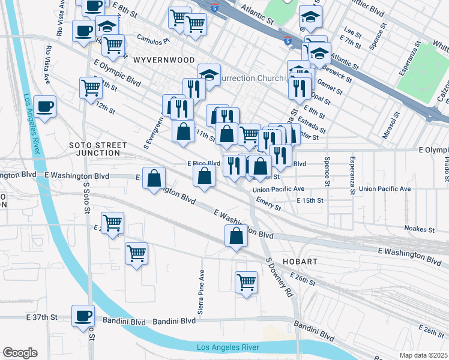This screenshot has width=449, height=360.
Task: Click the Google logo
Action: (20, 352)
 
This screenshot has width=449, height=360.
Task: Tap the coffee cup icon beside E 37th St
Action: (83, 316)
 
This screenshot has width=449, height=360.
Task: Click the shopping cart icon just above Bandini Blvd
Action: (246, 281)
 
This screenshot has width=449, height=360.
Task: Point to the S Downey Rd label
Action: (279, 278)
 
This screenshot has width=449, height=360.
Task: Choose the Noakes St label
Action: (420, 229)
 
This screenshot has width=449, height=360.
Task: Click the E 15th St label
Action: (310, 200)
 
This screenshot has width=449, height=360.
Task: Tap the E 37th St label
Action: (41, 317)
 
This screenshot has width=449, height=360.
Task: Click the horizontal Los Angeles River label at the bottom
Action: (228, 347)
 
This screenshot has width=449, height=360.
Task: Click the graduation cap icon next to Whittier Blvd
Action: (310, 17)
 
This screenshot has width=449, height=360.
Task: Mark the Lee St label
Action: (352, 29)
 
